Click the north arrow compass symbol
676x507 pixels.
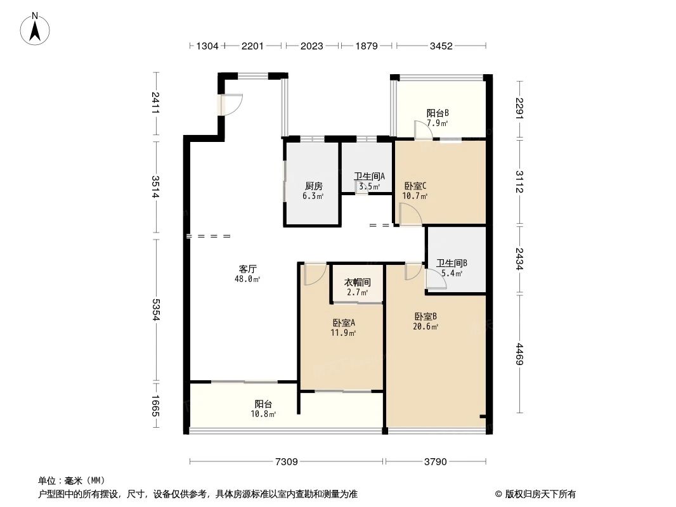36,29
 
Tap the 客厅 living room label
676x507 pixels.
247,268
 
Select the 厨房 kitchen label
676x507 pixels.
313,186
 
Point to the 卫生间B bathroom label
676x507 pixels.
452,263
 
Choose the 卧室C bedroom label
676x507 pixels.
415,186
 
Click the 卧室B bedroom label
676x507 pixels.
426,316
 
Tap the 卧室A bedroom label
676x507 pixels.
343,323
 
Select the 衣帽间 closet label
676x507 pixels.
357,281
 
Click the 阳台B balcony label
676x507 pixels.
438,113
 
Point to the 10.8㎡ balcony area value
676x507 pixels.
264,414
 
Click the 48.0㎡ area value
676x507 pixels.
247,278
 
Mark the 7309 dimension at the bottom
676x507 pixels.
286,461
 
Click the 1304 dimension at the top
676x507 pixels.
207,46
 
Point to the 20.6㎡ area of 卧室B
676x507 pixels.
426,326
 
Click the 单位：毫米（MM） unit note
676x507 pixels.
72,481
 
